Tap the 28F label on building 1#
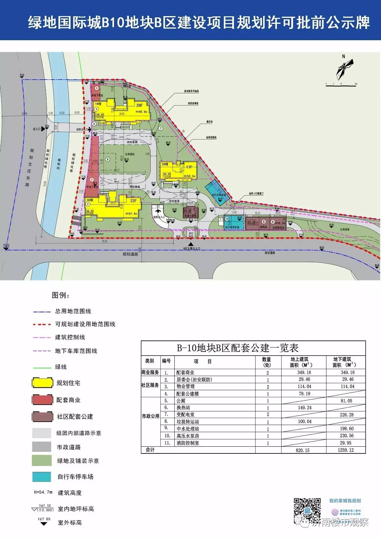coord(140,105)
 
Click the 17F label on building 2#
coord(189,167)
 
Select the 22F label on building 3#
coord(133,201)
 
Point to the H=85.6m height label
coord(141,112)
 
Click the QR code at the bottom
coord(307,510)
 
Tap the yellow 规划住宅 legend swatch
coord(42,383)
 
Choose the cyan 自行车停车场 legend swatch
coord(42,477)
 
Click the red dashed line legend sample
coord(42,324)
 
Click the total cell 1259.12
coord(346,450)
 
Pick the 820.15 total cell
coord(303,450)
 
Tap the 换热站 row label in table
coord(183,408)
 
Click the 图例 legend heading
coord(61,295)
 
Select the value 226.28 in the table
coord(346,414)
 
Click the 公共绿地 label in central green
coord(130,154)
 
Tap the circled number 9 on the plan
coord(107,159)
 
